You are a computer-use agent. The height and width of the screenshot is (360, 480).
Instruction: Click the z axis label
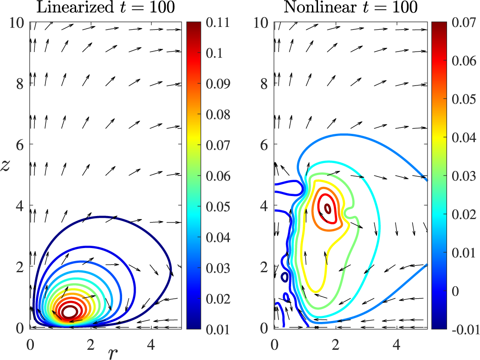coord(7,166)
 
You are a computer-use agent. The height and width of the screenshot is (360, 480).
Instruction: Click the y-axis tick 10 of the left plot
coord(17,23)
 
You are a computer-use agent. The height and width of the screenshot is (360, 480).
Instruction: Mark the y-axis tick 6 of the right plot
coord(265,144)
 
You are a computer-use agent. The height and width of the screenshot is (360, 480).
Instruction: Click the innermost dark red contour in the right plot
coord(327,209)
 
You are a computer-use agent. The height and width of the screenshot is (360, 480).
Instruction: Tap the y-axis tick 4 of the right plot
coord(265,206)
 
